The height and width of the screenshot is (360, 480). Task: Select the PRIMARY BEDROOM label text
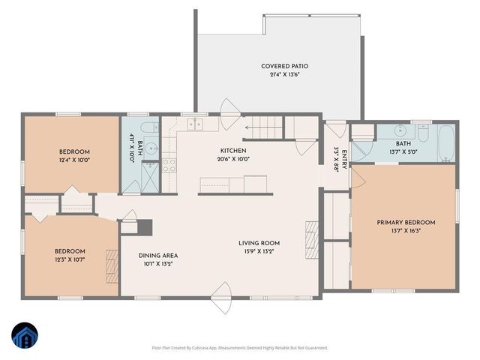pyautogui.click(x=405, y=222)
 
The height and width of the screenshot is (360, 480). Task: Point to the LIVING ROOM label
pyautogui.click(x=259, y=243)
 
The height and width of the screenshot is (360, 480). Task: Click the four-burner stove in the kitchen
pyautogui.click(x=169, y=163)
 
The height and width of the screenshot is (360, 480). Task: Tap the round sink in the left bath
pyautogui.click(x=151, y=147)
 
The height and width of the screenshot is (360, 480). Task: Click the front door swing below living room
pyautogui.click(x=222, y=293)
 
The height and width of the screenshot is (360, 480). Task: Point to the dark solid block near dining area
pyautogui.click(x=146, y=226)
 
